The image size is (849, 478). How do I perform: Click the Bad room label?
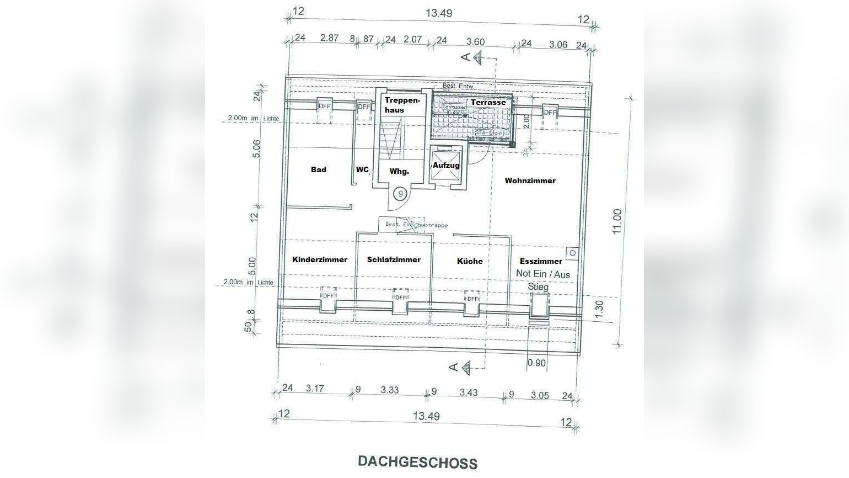[x=319, y=169]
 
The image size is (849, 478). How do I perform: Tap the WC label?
[x=362, y=169]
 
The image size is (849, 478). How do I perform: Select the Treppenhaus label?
[x=402, y=105]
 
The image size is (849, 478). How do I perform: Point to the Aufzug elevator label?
[x=446, y=166]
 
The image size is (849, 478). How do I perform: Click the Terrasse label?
[x=488, y=102]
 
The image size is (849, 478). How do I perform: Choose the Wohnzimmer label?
[x=530, y=180]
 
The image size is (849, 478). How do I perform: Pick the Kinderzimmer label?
[x=320, y=259]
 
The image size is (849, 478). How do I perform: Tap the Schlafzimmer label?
[x=394, y=259]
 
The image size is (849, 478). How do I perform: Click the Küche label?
[x=470, y=261]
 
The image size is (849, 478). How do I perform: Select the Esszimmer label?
[x=541, y=261]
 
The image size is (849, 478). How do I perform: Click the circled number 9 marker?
[x=401, y=194]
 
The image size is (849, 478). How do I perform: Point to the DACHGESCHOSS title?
[x=417, y=461]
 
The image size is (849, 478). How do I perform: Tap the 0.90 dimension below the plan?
[x=536, y=363]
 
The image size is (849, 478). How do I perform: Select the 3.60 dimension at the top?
[x=475, y=42]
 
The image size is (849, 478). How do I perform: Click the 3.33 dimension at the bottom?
[x=390, y=390]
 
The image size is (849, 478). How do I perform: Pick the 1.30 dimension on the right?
[x=600, y=307]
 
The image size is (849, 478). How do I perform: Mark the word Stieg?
[x=538, y=286]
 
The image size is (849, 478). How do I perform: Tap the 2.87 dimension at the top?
[x=329, y=38]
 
